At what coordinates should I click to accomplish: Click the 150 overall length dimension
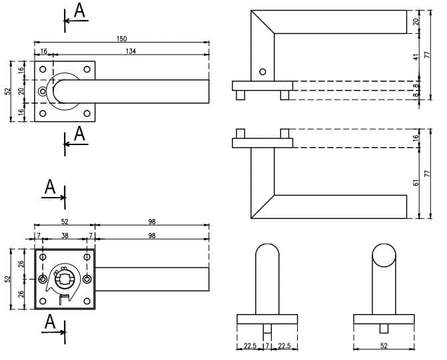(x=121, y=39)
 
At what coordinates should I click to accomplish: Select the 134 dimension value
(x=130, y=51)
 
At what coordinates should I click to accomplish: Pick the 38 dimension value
(x=65, y=236)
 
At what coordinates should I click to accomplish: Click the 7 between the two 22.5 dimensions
(x=267, y=346)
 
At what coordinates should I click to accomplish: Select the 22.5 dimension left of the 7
(x=250, y=346)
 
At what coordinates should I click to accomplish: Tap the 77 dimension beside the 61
(x=428, y=172)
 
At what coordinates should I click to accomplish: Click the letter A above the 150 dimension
(x=79, y=11)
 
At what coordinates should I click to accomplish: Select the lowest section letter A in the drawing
(x=49, y=323)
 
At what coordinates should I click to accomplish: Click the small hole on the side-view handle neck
(x=262, y=72)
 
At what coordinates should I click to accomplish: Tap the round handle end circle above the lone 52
(x=384, y=256)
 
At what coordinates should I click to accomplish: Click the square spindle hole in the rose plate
(x=65, y=280)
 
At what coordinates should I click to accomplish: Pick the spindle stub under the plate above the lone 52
(x=384, y=328)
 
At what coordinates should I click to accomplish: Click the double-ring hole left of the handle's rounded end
(x=43, y=90)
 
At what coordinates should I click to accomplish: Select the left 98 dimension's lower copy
(x=151, y=236)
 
